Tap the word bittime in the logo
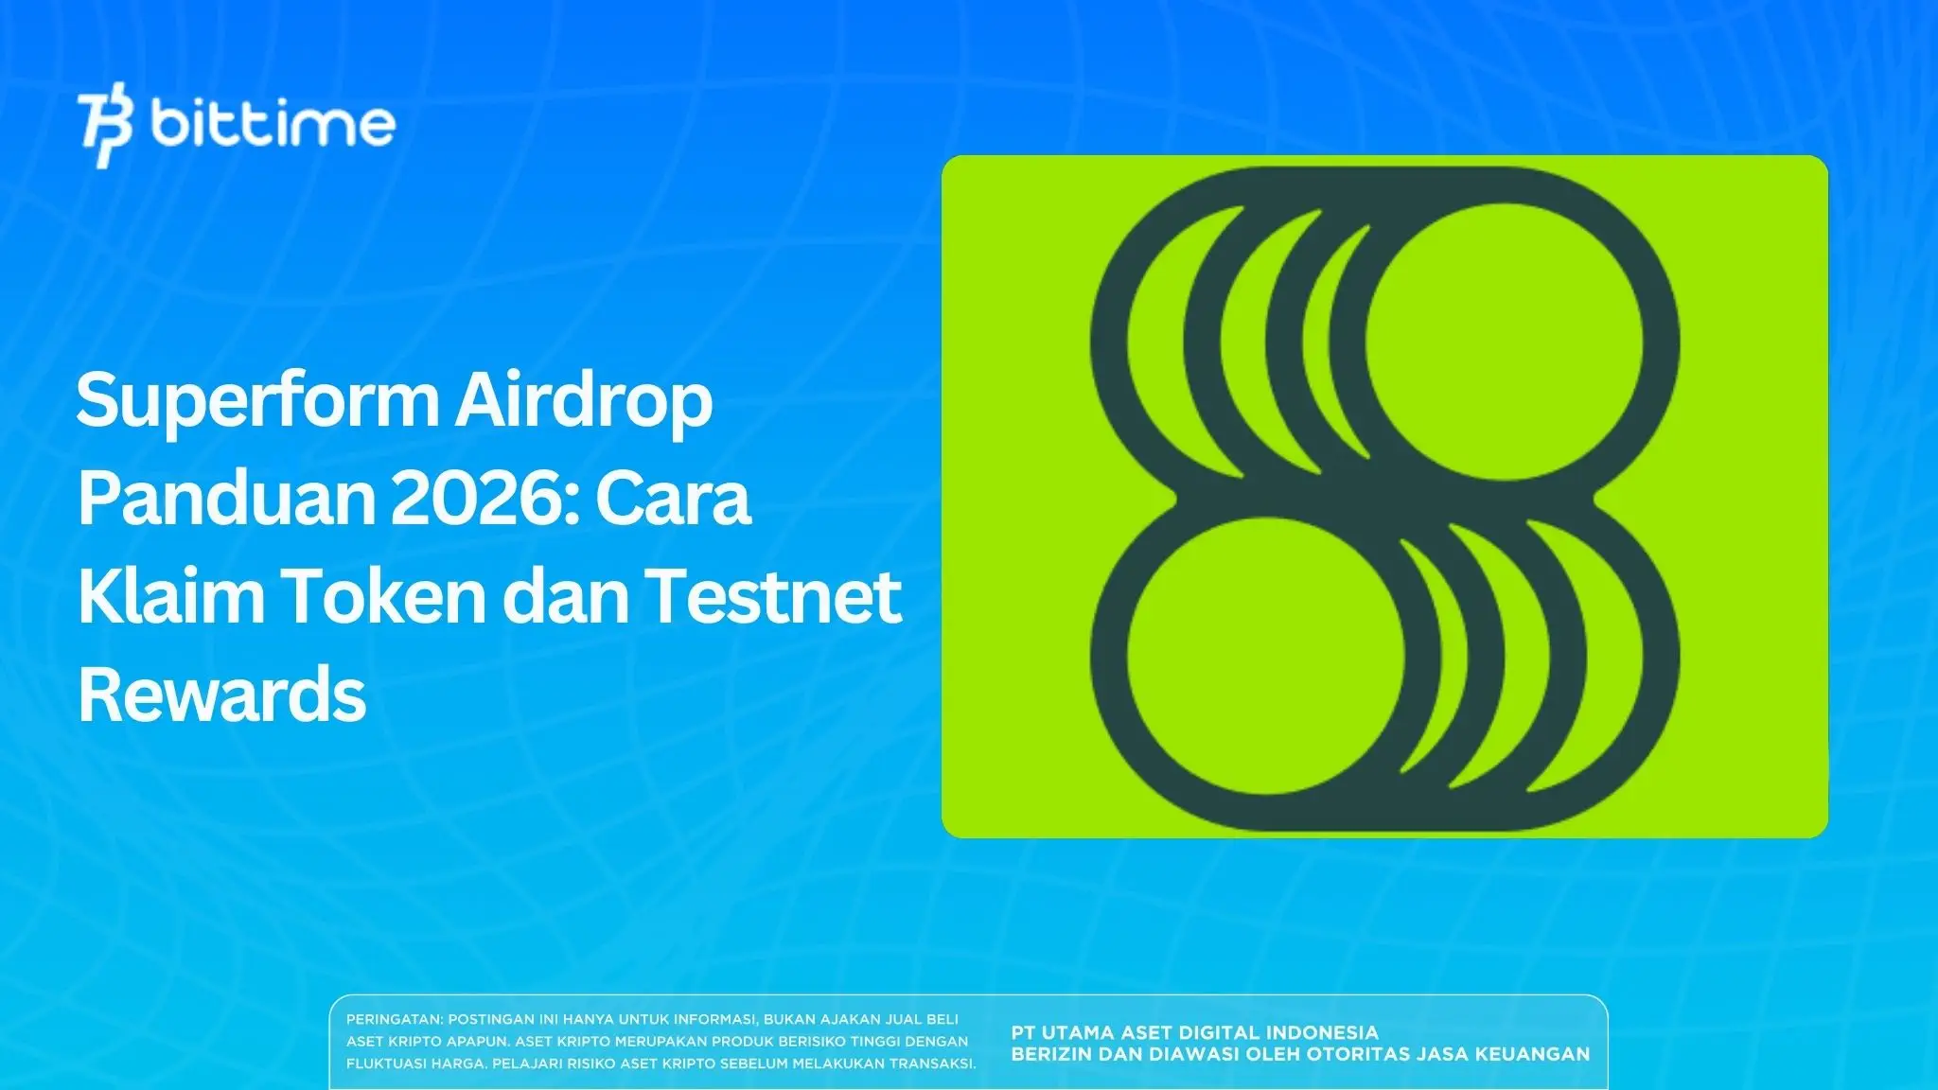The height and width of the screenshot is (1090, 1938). [273, 123]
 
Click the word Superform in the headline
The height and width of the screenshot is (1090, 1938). [256, 401]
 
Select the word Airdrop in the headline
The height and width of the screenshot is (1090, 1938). [583, 401]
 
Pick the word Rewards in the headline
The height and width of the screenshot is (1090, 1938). [221, 694]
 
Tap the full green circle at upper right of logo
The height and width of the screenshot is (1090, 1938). [1505, 341]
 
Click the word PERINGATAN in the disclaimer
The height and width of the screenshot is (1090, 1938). [394, 1020]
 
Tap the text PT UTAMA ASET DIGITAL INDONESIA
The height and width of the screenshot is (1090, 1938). [1194, 1032]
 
